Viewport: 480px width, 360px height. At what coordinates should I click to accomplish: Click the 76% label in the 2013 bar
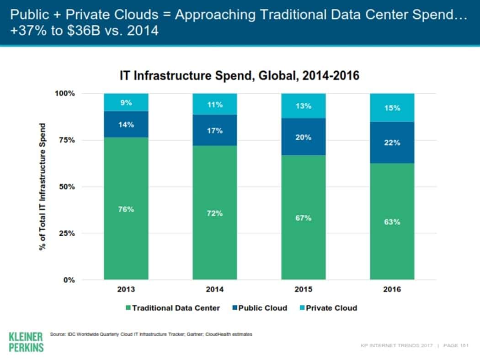click(x=126, y=209)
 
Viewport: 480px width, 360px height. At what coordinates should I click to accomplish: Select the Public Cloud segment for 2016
click(x=392, y=142)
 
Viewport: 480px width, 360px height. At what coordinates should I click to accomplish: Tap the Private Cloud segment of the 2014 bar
click(x=215, y=104)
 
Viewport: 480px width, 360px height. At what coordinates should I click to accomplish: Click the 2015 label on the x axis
click(x=304, y=290)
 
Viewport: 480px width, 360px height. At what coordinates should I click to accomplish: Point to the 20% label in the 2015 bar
click(x=304, y=138)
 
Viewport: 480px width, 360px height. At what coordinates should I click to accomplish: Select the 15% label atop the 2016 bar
click(x=392, y=108)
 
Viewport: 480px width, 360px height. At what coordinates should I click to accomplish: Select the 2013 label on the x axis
click(x=126, y=290)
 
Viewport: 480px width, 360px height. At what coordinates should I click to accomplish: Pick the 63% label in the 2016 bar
click(x=392, y=222)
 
